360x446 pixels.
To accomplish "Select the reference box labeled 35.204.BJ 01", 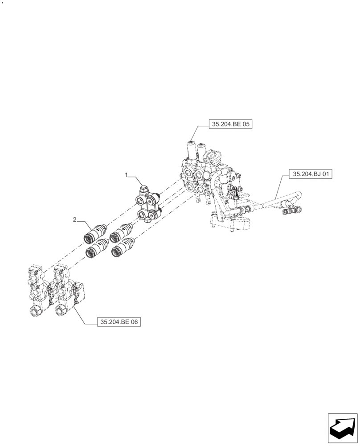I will tap(311, 174).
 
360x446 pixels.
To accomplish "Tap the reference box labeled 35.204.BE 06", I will tap(119, 322).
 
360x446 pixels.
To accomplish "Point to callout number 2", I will tap(75, 219).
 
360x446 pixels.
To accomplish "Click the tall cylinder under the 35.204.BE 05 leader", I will tap(192, 152).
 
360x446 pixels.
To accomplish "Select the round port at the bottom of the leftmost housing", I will tap(34, 311).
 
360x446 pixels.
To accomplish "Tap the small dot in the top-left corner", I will tap(2, 2).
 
